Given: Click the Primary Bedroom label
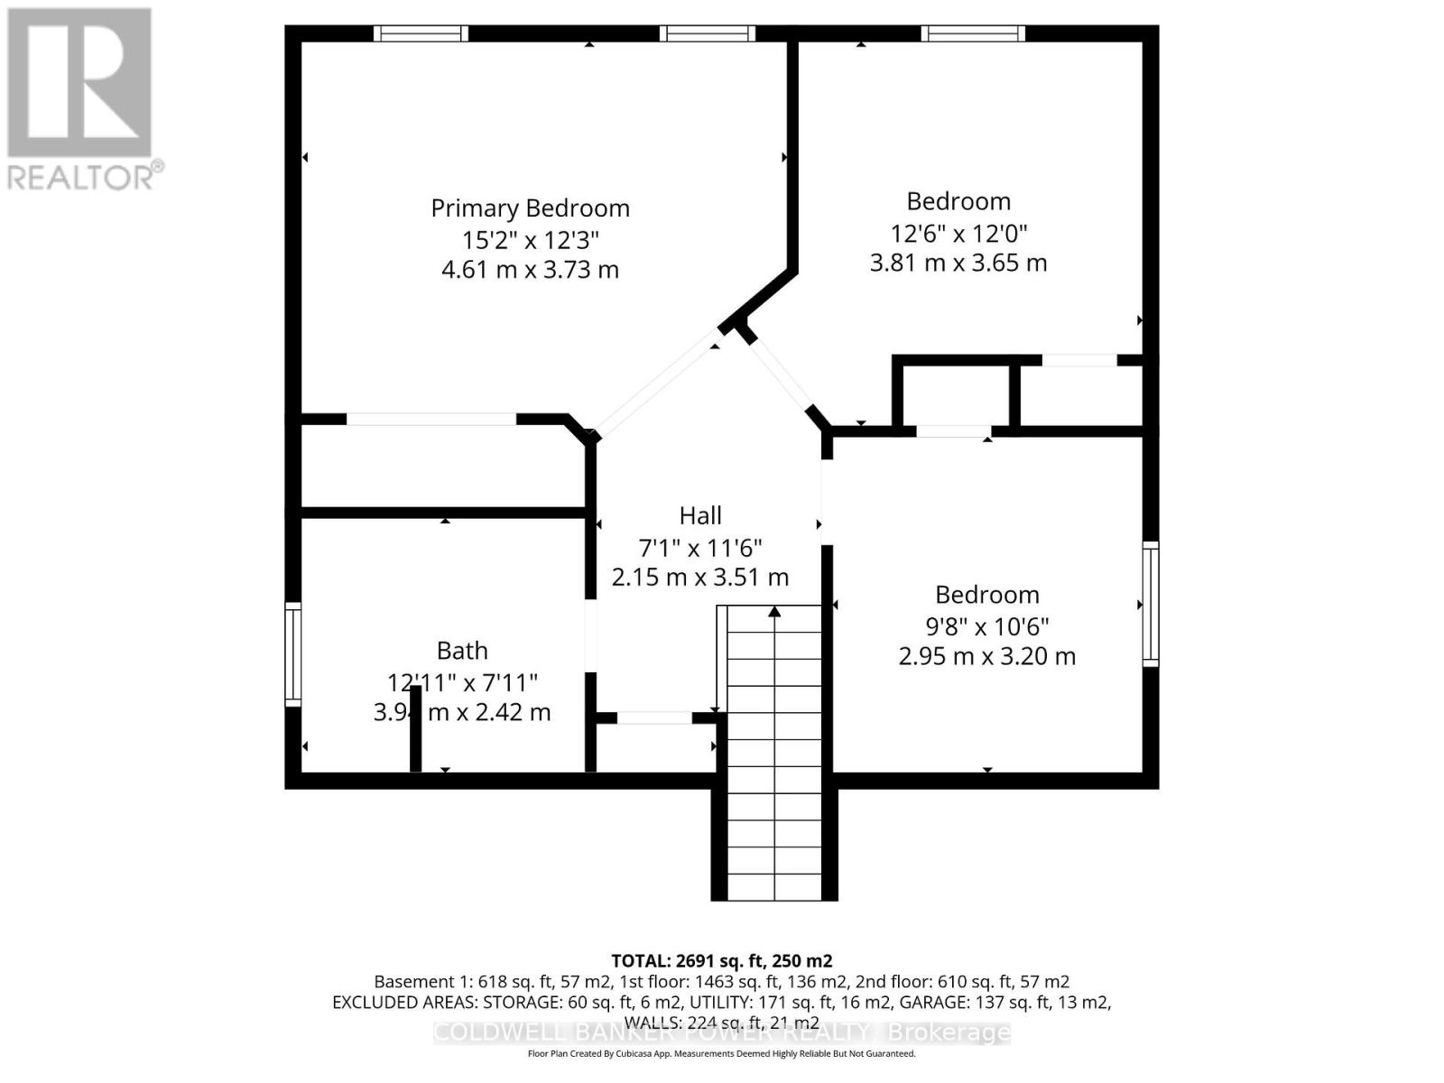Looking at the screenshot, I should [530, 208].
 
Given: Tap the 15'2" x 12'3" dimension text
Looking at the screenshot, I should [530, 240].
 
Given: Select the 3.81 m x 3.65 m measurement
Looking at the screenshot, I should [958, 263].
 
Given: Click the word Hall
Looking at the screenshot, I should [699, 515].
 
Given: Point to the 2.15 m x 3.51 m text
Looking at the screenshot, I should [699, 578].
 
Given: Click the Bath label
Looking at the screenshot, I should [462, 651].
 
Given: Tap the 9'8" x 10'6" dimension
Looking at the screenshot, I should [986, 626].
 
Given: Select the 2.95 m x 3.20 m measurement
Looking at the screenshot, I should [986, 656].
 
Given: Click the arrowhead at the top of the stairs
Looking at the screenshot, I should [774, 612].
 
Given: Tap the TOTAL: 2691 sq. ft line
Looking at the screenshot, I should [721, 961].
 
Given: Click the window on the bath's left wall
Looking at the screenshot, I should [292, 654].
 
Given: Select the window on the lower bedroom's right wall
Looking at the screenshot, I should [1151, 604].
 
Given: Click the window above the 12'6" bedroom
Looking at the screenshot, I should [973, 33].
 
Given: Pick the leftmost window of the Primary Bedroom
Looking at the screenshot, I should [421, 33].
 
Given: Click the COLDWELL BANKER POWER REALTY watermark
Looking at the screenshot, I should [721, 1032].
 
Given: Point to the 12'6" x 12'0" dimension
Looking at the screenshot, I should [958, 233].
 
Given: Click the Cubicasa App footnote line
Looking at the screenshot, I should [721, 1054].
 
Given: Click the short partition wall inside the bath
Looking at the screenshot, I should [415, 728].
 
